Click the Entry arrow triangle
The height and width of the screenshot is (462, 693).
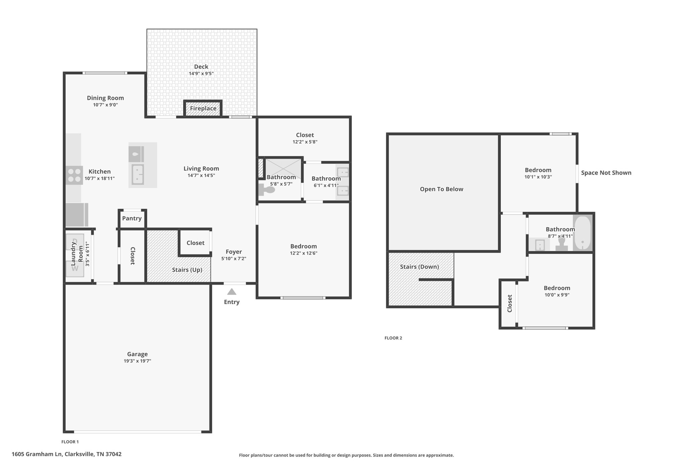(x=231, y=292)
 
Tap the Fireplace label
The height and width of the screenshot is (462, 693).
(x=203, y=108)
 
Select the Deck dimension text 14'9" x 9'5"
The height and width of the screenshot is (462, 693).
(x=201, y=73)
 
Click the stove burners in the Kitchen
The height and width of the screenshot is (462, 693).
(x=74, y=175)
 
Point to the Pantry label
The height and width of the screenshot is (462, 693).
(x=132, y=218)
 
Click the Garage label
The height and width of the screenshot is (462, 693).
(x=137, y=354)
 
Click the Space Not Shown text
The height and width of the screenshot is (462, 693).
(x=606, y=173)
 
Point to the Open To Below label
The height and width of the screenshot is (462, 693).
(x=441, y=189)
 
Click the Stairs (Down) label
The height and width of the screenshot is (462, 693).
(x=419, y=267)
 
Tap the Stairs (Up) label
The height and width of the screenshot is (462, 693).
(x=187, y=270)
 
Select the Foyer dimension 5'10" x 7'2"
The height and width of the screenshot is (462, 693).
(x=233, y=259)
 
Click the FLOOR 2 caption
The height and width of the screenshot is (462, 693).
(x=393, y=338)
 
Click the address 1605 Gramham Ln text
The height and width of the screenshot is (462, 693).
(x=66, y=454)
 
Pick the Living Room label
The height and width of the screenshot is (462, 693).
(x=201, y=169)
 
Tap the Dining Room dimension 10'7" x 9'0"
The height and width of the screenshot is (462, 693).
(x=105, y=105)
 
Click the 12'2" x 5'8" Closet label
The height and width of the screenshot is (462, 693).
(x=305, y=135)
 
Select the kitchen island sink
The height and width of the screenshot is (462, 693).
(x=138, y=174)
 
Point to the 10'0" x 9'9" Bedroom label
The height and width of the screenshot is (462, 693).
(x=557, y=288)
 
